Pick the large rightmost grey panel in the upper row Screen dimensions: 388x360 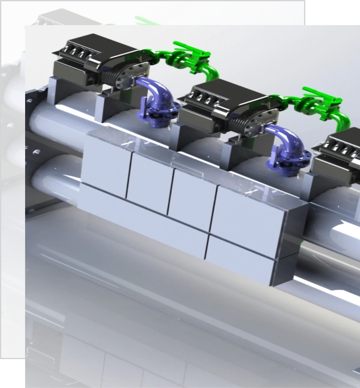tap(248, 213)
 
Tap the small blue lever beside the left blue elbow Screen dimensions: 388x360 tap(143, 104)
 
